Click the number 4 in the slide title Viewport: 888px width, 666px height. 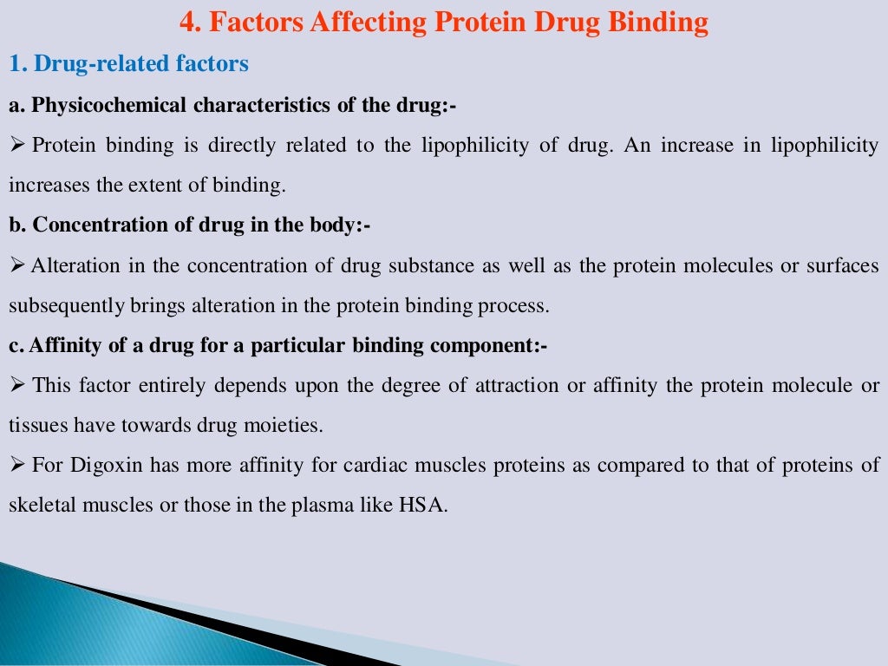click(186, 22)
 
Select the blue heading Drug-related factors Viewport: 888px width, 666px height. click(138, 64)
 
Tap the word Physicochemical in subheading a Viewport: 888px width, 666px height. click(109, 106)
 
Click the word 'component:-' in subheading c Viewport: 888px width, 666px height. click(501, 346)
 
